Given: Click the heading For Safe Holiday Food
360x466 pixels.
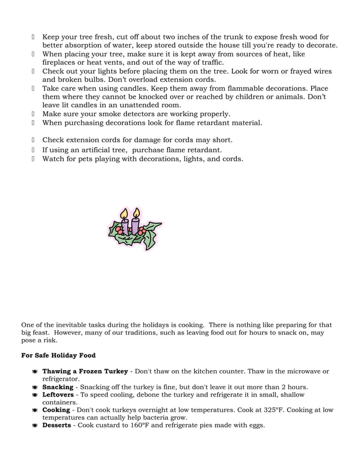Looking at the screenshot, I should click(58, 355).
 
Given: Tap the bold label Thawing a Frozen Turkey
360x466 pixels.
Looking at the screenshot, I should click(85, 371).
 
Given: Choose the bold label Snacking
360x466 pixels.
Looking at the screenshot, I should click(58, 387).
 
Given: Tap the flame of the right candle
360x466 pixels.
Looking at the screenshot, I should click(136, 213).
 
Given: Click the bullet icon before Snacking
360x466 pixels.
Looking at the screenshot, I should click(35, 388).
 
